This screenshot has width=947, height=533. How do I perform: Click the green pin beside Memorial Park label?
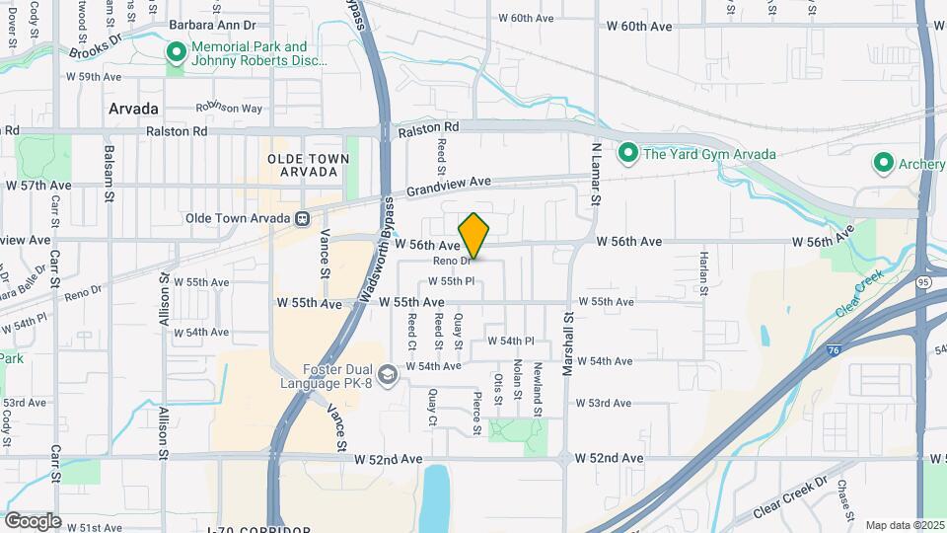coord(177,52)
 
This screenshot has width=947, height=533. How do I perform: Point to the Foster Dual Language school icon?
coord(389,373)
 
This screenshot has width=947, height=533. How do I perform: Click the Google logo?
coord(33,520)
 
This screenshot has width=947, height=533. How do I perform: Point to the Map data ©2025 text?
coord(904,525)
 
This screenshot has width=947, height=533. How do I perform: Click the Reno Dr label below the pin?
coord(452,261)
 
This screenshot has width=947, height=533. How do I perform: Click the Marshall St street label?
coord(567,344)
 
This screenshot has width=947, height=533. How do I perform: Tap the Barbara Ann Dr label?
coord(213,24)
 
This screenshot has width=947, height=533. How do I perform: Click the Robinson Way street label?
coord(229,109)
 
